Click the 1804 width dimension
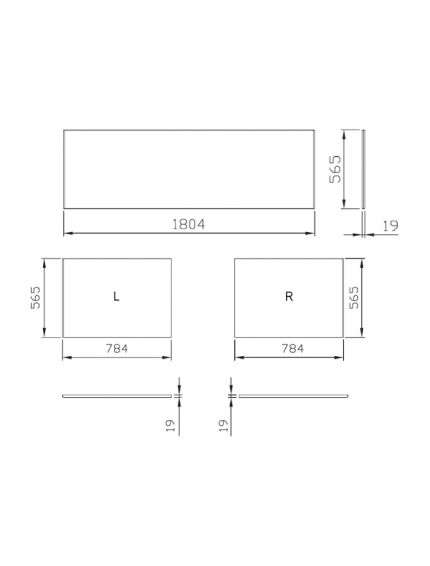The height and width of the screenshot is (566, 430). coord(188,225)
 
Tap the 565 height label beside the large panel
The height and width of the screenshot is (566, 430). coord(335,169)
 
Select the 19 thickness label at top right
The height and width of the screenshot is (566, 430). coord(390,226)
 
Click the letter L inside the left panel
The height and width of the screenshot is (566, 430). coord(116,297)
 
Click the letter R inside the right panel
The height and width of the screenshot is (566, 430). coord(289,297)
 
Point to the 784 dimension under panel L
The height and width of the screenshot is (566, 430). coord(117,348)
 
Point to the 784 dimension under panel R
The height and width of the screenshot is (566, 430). coord(293,348)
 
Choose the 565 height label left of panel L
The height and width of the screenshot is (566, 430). coord(35,298)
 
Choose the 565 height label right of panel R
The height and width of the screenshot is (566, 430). coord(354,298)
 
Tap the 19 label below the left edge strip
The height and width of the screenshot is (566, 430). coord(170,425)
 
